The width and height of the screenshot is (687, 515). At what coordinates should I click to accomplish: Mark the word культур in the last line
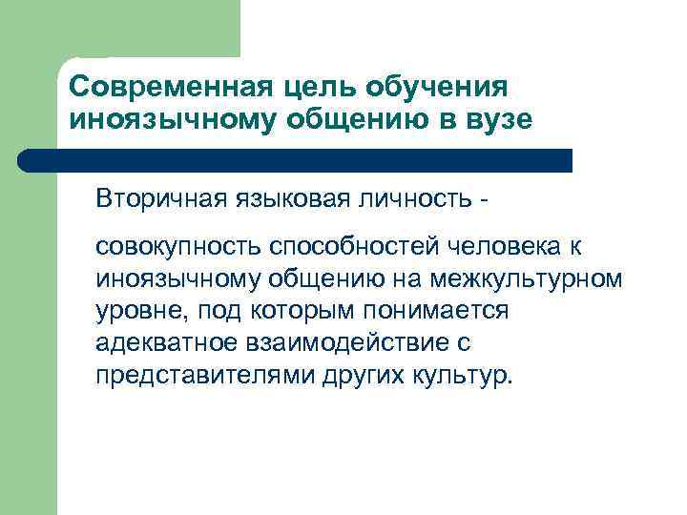(459, 375)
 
